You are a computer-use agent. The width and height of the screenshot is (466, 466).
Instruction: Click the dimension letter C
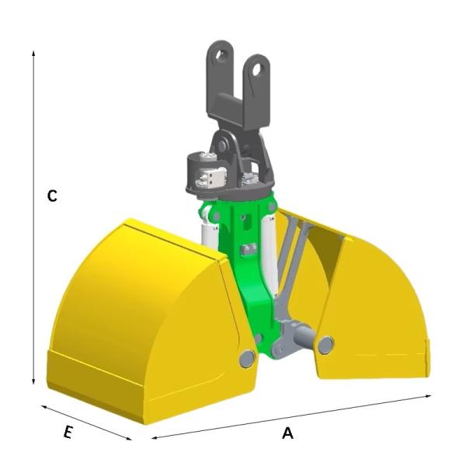[52, 196]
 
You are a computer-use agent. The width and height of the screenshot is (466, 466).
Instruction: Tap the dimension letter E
[68, 433]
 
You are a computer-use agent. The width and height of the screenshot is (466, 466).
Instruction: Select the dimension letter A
[287, 434]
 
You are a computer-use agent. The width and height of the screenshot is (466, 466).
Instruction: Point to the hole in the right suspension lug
[254, 71]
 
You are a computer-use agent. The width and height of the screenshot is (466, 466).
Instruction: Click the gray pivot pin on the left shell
[247, 357]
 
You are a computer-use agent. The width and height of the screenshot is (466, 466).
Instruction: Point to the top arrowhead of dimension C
[34, 53]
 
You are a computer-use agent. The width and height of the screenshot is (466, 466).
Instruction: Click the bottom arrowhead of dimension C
[34, 381]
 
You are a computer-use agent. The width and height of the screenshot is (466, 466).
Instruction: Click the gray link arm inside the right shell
[291, 272]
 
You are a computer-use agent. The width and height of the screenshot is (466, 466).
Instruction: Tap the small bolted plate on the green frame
[248, 249]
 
